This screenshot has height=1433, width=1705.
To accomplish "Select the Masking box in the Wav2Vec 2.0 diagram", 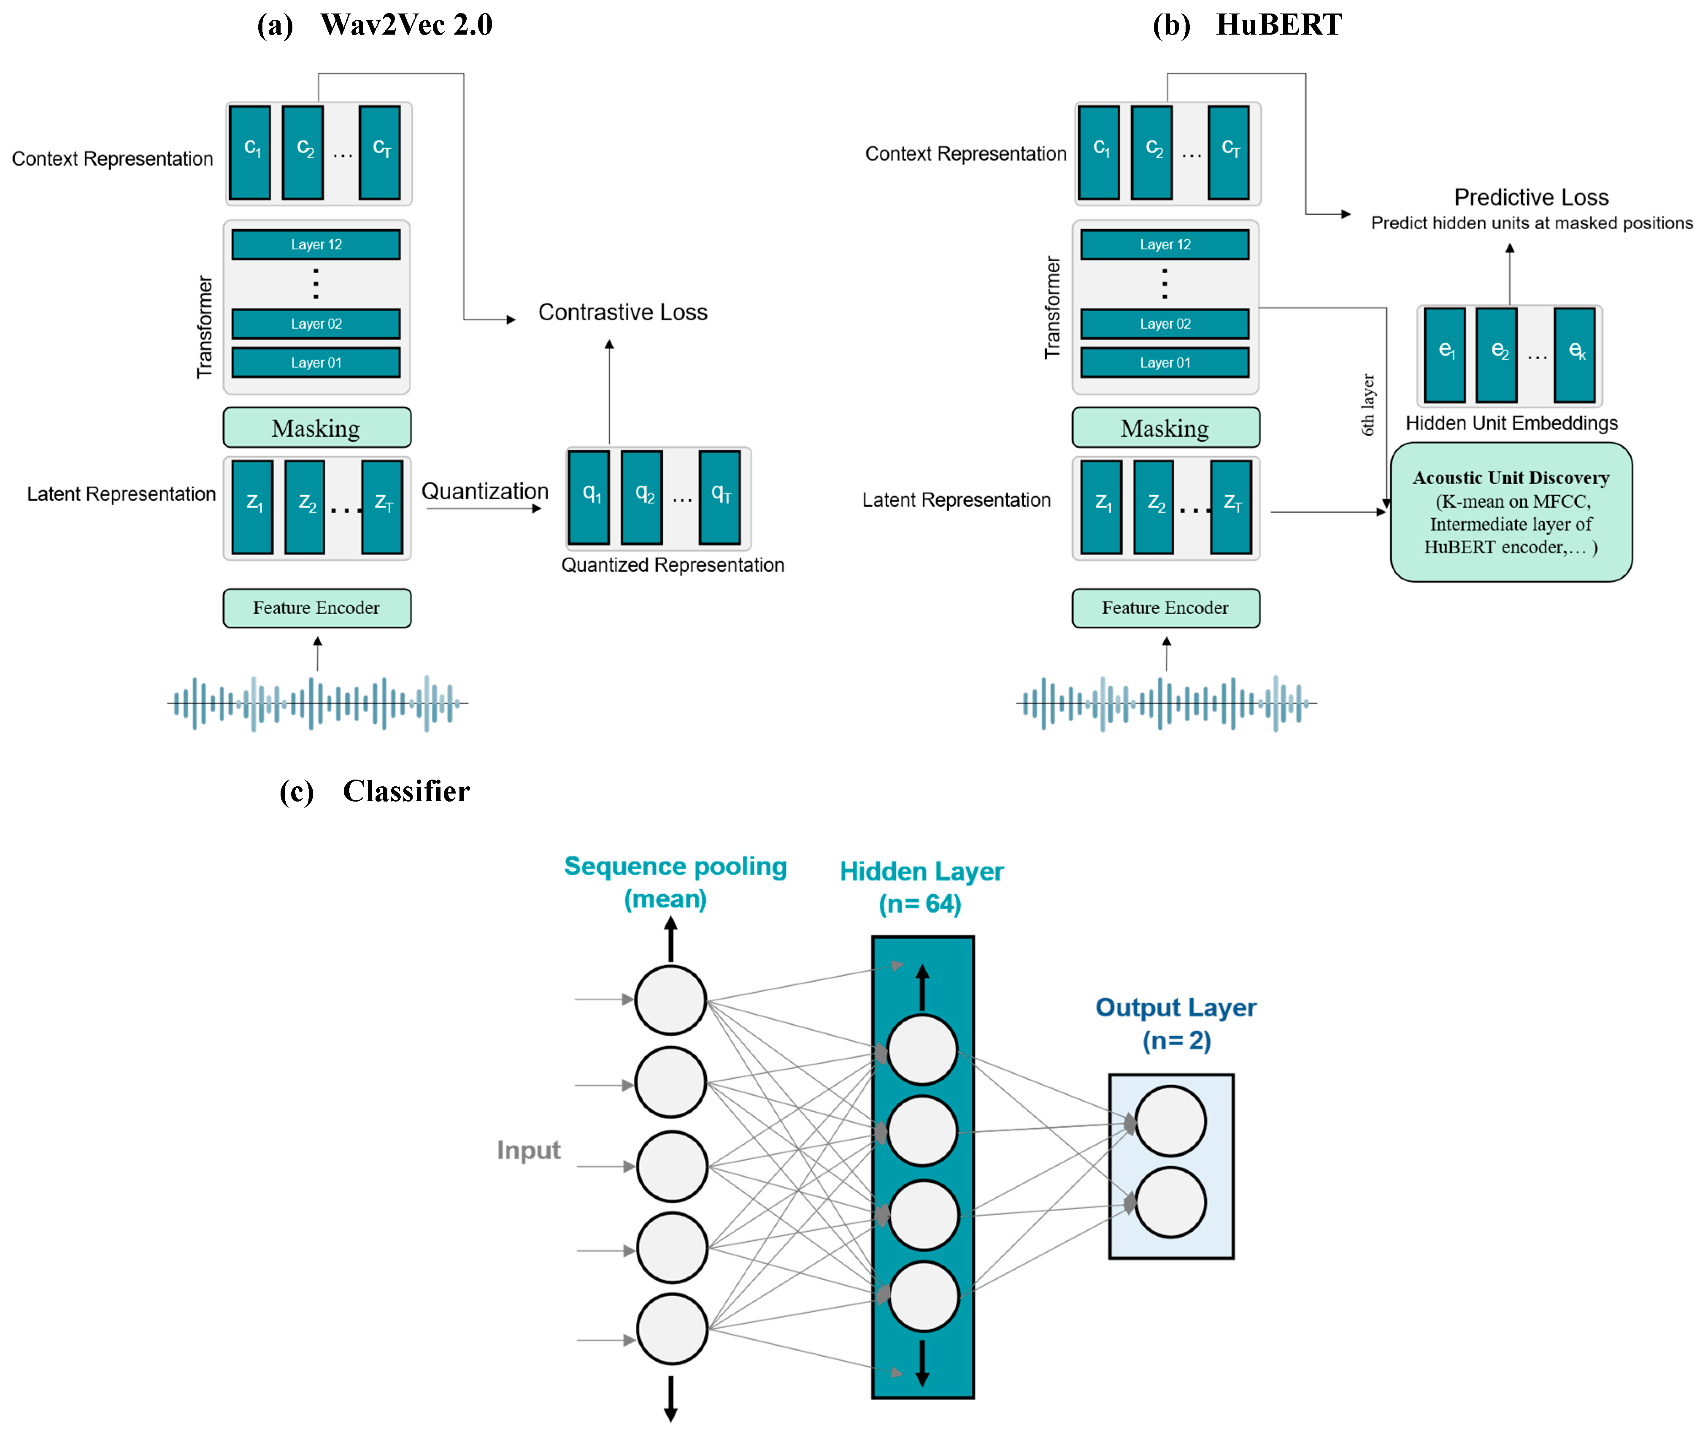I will (316, 428).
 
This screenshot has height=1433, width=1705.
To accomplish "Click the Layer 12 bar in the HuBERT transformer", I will (1165, 244).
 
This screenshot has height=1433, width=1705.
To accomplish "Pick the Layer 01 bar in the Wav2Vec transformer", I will (316, 362).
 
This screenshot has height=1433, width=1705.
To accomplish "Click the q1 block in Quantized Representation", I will (589, 497).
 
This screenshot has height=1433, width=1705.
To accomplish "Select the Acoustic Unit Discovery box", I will (1511, 512).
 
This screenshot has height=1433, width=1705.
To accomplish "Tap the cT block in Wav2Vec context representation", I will (380, 152).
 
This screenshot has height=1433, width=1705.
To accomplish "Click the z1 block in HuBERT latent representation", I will (1102, 507).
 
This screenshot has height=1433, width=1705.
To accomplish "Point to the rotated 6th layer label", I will (1368, 404).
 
